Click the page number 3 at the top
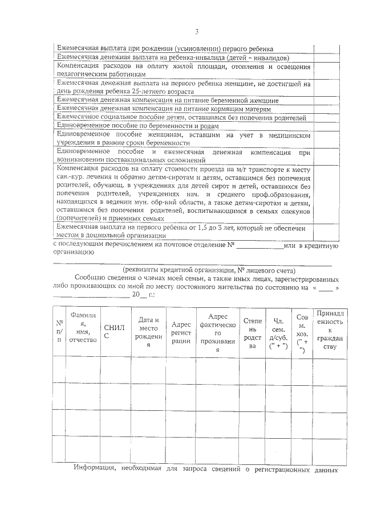[197, 31]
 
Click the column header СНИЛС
[114, 332]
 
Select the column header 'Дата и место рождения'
[148, 332]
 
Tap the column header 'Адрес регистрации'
[181, 332]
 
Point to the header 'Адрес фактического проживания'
[217, 332]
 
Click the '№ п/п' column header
[58, 332]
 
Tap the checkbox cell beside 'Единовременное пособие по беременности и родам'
[327, 126]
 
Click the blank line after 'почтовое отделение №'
[259, 246]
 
